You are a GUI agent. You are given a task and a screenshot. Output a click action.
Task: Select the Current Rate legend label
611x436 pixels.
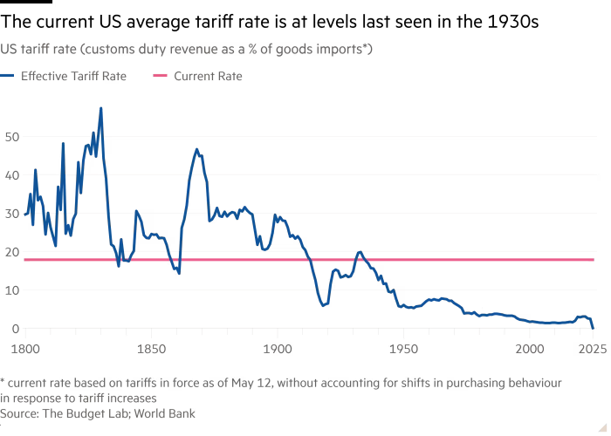(x=208, y=76)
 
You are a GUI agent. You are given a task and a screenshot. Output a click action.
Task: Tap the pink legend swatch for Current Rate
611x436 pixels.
(x=157, y=76)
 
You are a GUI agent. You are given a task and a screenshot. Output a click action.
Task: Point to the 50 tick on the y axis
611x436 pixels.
(x=11, y=137)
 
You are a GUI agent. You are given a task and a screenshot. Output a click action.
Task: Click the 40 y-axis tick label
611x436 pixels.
(x=11, y=175)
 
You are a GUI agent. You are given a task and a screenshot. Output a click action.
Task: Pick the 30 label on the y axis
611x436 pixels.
(x=11, y=214)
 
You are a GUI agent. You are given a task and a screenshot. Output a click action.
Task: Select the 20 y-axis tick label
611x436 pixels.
(x=11, y=252)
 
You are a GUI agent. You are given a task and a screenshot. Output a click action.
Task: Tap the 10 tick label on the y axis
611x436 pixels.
(x=11, y=290)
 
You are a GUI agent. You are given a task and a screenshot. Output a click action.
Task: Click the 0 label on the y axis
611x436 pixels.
(x=14, y=329)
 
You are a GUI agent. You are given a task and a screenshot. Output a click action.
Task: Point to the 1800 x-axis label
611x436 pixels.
(x=26, y=345)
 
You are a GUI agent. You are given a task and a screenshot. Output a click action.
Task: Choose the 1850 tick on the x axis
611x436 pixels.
(x=151, y=345)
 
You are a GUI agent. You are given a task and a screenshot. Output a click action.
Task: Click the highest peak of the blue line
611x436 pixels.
(x=101, y=108)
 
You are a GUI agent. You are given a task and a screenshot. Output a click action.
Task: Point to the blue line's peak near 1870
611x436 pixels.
(x=197, y=149)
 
